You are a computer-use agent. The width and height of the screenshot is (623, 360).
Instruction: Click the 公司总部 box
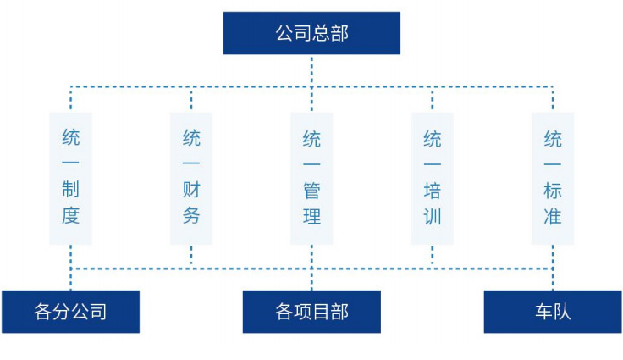point(311,33)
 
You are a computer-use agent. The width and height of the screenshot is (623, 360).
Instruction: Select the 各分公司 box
point(71,312)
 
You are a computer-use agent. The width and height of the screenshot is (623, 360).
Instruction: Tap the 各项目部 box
point(311,312)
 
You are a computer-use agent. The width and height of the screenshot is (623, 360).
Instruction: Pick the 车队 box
point(553,312)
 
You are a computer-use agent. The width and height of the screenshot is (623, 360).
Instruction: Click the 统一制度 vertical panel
point(71,178)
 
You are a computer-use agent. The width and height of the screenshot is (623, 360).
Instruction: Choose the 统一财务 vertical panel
point(191,178)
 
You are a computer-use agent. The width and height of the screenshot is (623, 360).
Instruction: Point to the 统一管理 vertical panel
point(311,178)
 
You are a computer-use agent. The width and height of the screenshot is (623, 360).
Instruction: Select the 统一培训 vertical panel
point(433,178)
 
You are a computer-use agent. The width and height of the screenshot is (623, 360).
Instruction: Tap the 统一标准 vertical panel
point(553,178)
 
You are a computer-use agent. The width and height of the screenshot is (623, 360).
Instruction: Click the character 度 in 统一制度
point(71,216)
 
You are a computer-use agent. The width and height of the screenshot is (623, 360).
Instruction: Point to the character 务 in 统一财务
point(191,216)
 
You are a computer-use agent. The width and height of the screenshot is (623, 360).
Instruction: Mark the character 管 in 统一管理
point(311,191)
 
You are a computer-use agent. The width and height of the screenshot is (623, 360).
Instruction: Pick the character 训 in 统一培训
point(433,217)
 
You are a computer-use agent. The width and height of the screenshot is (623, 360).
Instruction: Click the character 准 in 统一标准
point(553,217)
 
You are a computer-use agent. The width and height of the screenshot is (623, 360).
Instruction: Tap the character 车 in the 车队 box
point(543,312)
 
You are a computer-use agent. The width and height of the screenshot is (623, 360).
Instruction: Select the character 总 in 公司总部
point(321,33)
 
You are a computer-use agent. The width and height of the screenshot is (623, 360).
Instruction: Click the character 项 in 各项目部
point(302,312)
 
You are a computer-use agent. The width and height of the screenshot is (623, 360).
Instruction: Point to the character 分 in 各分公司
point(62,312)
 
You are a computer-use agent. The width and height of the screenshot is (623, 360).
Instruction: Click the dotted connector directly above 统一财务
point(191,99)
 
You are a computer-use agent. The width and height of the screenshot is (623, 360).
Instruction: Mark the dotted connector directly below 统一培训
point(433,257)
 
